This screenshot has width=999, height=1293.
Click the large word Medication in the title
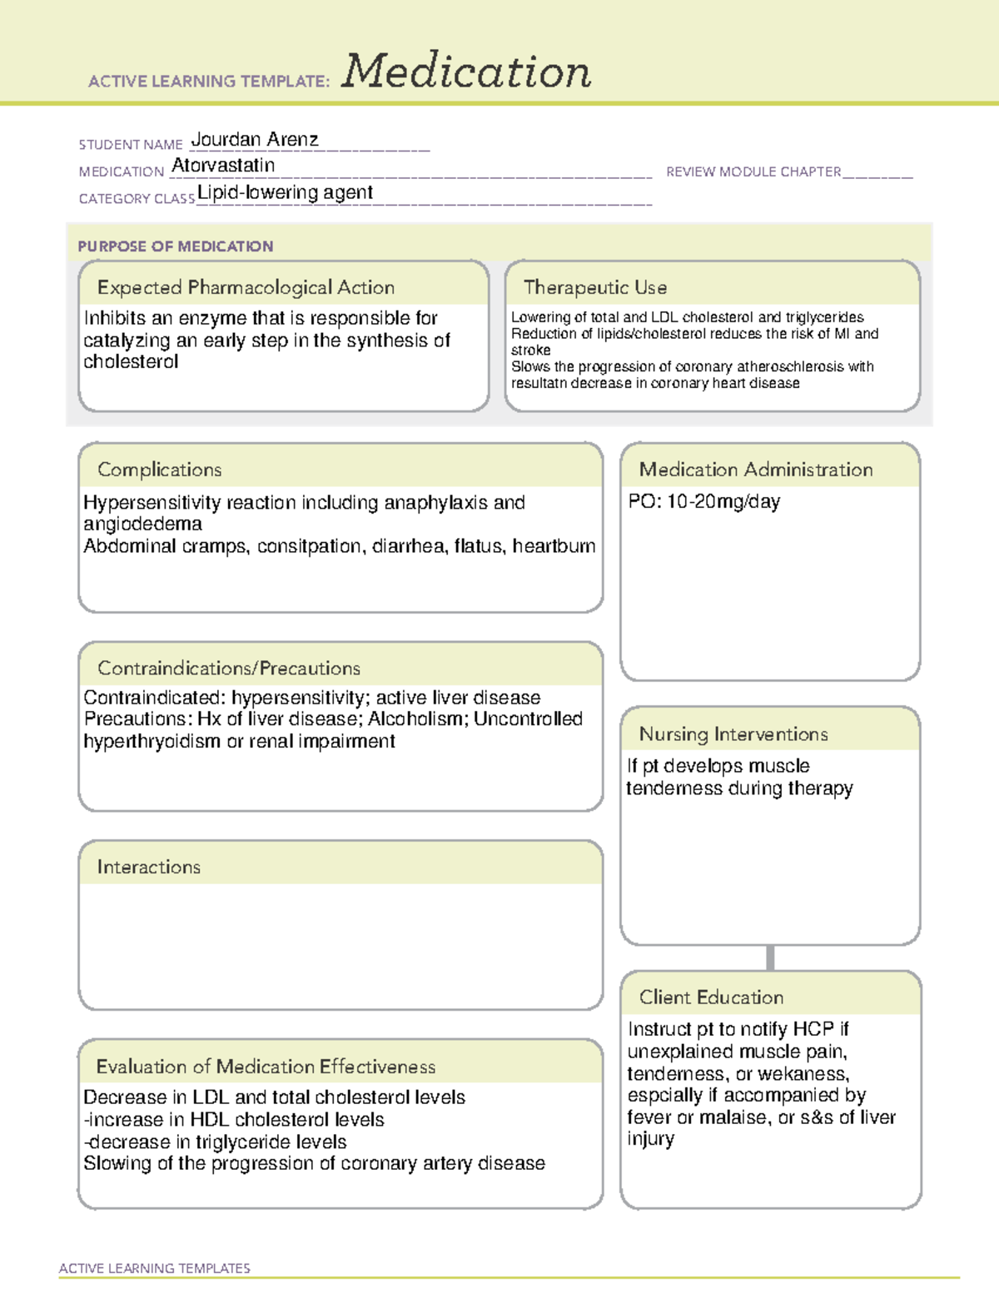click(x=466, y=72)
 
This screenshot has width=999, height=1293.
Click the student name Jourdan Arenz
click(x=255, y=139)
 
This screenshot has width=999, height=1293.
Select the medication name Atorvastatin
click(x=223, y=166)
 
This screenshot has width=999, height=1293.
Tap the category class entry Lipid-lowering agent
click(x=285, y=192)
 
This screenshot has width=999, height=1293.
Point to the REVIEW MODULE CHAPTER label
click(x=753, y=172)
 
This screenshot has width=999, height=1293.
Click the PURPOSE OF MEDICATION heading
click(x=175, y=246)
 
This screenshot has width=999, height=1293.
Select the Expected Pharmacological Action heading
click(x=246, y=287)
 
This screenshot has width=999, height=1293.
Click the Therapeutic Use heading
click(x=595, y=287)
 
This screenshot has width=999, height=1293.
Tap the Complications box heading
click(x=159, y=470)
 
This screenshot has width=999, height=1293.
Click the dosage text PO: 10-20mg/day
click(x=704, y=502)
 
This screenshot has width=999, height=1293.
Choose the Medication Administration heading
click(x=756, y=470)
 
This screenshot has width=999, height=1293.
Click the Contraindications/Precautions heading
click(x=229, y=668)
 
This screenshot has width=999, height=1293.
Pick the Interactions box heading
click(x=148, y=867)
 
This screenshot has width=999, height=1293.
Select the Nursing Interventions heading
click(x=733, y=734)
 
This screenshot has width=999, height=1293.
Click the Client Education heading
click(x=711, y=997)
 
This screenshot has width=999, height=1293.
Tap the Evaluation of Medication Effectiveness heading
click(x=266, y=1067)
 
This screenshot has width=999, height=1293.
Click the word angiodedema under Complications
click(x=142, y=524)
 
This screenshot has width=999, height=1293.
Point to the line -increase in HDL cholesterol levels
click(x=234, y=1120)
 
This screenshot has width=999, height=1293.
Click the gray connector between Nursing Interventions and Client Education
click(x=770, y=957)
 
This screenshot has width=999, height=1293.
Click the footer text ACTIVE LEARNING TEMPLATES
click(x=155, y=1268)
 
